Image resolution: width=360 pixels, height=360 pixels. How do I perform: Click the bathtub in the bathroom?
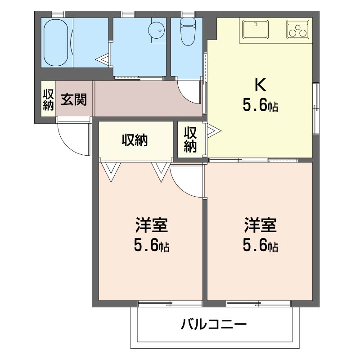point(57,42)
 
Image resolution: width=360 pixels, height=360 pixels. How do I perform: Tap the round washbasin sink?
point(157,31)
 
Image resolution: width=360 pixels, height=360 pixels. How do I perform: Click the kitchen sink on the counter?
point(255,30)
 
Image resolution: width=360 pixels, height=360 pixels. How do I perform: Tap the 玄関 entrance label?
point(74,99)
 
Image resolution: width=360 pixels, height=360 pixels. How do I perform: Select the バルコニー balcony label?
point(214,324)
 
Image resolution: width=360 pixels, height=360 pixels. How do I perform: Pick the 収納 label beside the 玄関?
point(48,99)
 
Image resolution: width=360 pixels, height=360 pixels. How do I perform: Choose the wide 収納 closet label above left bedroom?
point(135,141)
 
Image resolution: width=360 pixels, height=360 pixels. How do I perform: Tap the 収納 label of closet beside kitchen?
point(190,139)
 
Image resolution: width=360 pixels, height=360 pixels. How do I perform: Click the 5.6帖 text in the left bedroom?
point(152,246)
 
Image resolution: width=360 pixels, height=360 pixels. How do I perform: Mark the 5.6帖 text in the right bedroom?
point(260,246)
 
